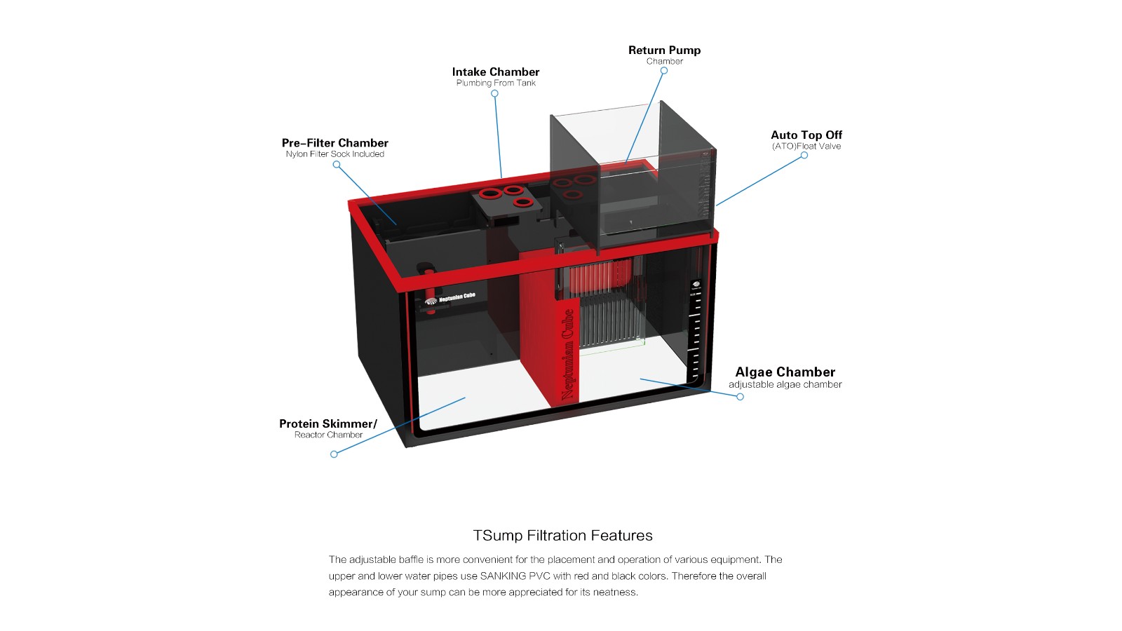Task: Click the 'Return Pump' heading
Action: point(664,50)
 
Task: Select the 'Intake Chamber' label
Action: point(496,72)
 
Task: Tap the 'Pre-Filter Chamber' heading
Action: point(334,143)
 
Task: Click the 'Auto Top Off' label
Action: point(806,135)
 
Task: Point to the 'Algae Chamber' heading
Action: point(785,372)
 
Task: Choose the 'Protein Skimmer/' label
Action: point(327,424)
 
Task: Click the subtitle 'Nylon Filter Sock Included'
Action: point(334,154)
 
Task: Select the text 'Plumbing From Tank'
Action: point(496,83)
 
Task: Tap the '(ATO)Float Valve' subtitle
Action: point(806,147)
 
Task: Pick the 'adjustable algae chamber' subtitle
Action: point(785,385)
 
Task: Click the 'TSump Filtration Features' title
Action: point(562,536)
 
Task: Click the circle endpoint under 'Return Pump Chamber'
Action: point(663,71)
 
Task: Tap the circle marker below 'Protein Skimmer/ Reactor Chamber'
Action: point(334,454)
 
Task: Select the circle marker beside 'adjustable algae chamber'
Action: point(740,397)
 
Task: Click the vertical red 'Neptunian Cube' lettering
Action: point(568,355)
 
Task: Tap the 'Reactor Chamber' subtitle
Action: point(328,435)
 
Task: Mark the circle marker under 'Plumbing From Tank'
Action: point(494,93)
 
